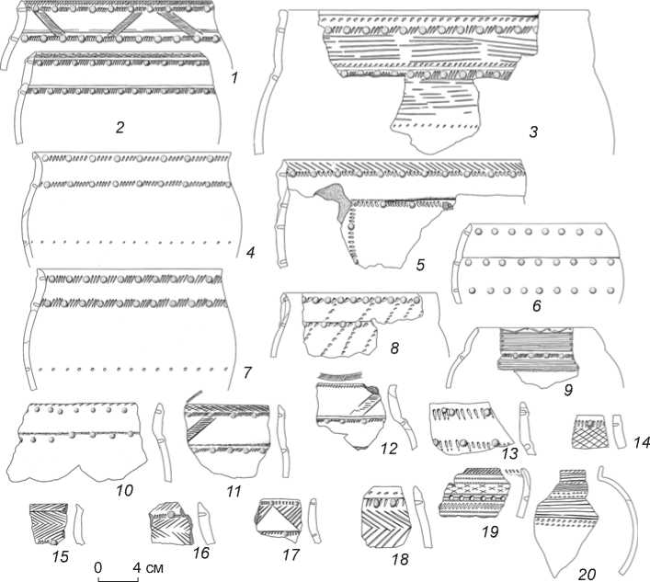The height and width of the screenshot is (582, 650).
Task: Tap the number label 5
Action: pos(419,266)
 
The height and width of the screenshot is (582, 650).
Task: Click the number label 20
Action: pos(586,575)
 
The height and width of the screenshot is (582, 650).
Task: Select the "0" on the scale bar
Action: pos(98,566)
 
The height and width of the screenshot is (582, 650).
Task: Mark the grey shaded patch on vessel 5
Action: pos(331,202)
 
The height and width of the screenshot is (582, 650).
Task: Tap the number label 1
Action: pos(234,79)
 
